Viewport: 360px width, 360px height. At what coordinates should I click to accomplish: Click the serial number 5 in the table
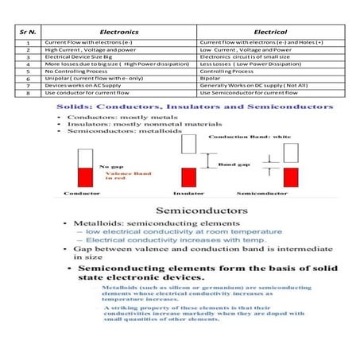coord(28,72)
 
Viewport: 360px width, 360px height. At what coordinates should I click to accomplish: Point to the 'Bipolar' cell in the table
coord(210,79)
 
